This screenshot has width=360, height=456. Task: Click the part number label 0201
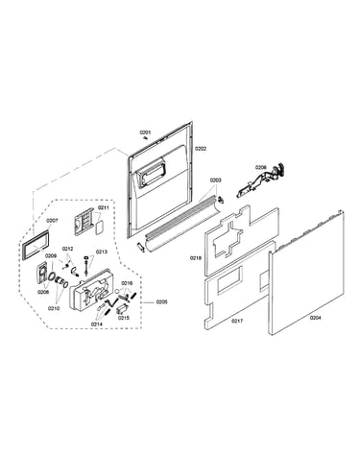[145, 132]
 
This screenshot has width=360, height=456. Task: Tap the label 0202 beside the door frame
[201, 149]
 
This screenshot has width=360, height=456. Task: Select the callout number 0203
[215, 180]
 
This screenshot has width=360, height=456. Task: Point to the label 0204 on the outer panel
[316, 318]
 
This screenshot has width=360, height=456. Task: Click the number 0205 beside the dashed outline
[161, 301]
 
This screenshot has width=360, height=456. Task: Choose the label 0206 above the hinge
[260, 167]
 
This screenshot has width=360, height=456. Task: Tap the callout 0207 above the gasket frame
[52, 221]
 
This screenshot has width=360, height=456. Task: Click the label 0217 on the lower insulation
[237, 321]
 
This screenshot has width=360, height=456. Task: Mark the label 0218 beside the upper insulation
[196, 258]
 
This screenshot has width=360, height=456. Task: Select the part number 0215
[124, 318]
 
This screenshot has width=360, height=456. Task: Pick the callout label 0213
[101, 252]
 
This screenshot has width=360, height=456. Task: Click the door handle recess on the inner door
[151, 173]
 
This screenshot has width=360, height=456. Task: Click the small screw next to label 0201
[146, 138]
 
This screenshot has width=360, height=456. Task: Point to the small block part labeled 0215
[122, 309]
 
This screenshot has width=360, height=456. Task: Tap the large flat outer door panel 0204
[306, 273]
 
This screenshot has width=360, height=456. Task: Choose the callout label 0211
[104, 207]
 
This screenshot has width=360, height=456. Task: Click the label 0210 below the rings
[54, 308]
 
